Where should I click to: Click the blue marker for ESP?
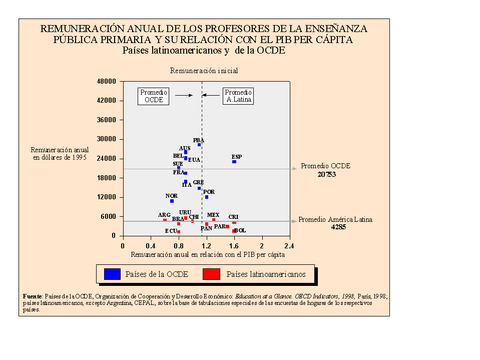pyautogui.click(x=234, y=162)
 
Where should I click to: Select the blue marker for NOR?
pyautogui.click(x=172, y=201)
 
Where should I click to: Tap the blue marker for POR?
pyautogui.click(x=206, y=197)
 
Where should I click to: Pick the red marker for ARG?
pyautogui.click(x=165, y=220)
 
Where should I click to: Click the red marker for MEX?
pyautogui.click(x=214, y=220)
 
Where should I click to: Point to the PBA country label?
pyautogui.click(x=199, y=140)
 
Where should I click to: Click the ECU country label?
pyautogui.click(x=171, y=231)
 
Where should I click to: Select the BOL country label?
pyautogui.click(x=240, y=230)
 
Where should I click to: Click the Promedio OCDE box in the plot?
pyautogui.click(x=154, y=96)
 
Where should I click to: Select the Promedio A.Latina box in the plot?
pyautogui.click(x=238, y=96)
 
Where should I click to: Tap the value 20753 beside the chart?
pyautogui.click(x=326, y=175)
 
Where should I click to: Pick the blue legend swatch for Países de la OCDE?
pyautogui.click(x=112, y=274)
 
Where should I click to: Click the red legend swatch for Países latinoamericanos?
pyautogui.click(x=212, y=274)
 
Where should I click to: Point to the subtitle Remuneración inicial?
pyautogui.click(x=204, y=71)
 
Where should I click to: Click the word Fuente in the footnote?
pyautogui.click(x=33, y=296)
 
